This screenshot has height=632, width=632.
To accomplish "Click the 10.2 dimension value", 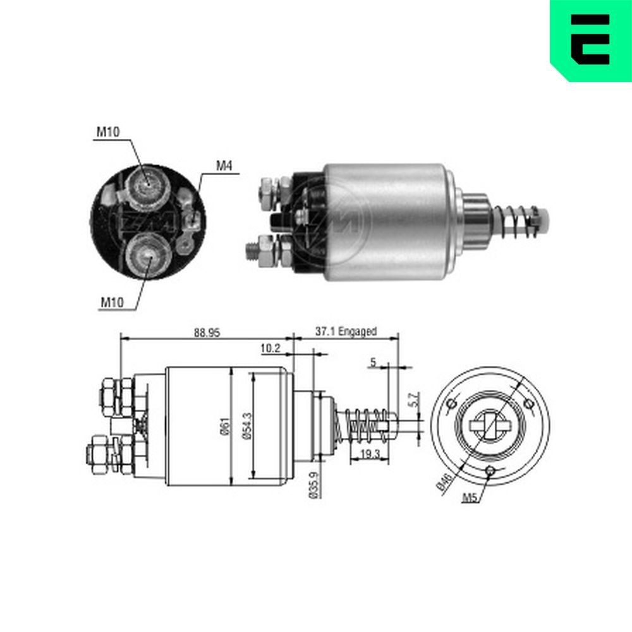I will click(270, 348).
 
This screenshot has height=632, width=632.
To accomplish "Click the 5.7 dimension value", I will click(414, 399).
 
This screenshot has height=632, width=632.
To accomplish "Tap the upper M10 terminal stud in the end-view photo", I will click(147, 183).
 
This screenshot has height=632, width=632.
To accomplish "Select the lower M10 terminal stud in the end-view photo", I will click(146, 253).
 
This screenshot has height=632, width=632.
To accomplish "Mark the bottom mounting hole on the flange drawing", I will click(489, 471).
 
